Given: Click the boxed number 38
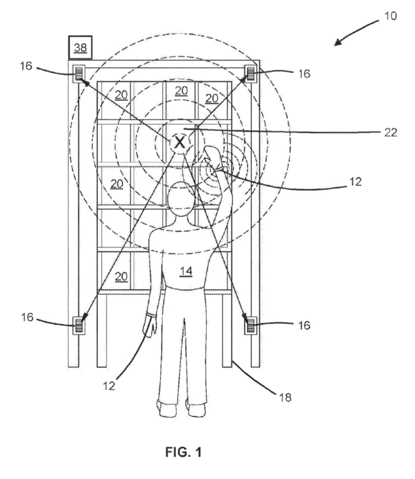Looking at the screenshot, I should (x=81, y=47).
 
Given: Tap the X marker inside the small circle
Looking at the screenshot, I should (x=180, y=143).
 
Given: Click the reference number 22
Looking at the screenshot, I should (x=390, y=133).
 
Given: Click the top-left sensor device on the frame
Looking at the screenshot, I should (x=79, y=73).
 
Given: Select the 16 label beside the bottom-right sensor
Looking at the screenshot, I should (x=304, y=326).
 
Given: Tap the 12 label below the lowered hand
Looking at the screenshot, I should (x=109, y=385).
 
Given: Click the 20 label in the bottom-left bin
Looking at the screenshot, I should (x=121, y=276).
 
